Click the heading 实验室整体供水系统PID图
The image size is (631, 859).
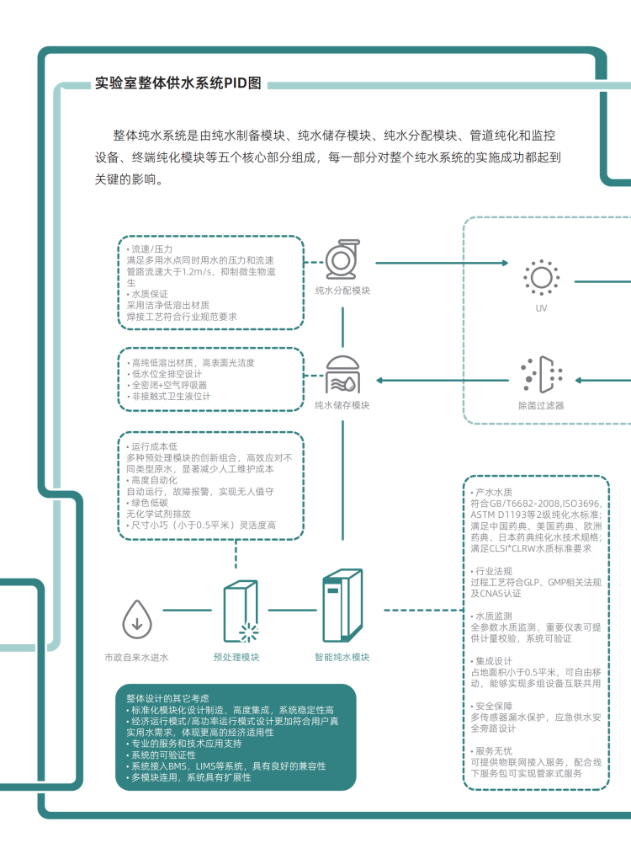[178, 83]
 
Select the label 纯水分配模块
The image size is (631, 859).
[342, 291]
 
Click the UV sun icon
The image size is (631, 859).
[540, 277]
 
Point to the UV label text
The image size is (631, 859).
[541, 308]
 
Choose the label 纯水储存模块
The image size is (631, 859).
[342, 405]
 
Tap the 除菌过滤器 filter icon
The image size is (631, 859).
[541, 375]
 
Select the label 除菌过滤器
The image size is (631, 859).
[541, 405]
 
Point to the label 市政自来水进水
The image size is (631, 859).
[136, 657]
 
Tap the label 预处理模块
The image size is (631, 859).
[236, 657]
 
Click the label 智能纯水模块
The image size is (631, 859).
[342, 657]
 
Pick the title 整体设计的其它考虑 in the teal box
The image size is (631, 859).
[168, 698]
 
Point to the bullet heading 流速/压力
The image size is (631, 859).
[151, 250]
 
